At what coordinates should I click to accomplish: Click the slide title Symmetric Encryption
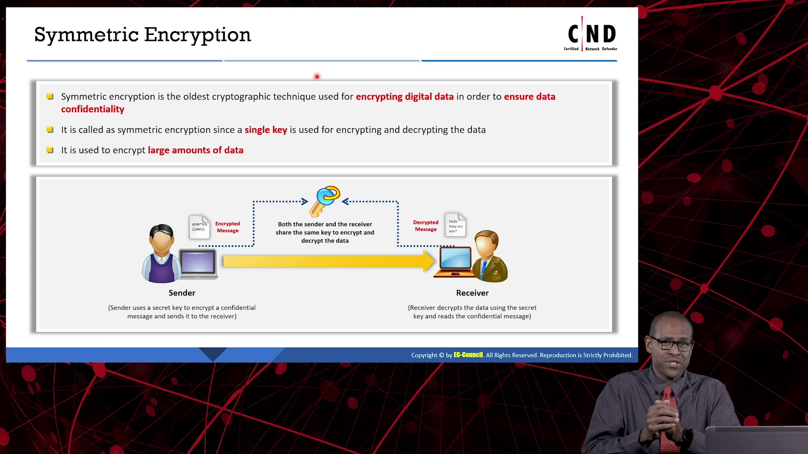tap(142, 35)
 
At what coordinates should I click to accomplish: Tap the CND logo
tap(591, 34)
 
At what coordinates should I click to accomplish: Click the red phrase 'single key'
tap(266, 130)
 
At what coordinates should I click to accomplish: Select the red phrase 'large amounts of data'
tap(196, 150)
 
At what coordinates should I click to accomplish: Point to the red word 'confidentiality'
tap(93, 109)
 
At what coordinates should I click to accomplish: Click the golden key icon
tap(324, 201)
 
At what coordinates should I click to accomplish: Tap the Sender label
tap(182, 293)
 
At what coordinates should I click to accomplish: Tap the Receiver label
tap(472, 293)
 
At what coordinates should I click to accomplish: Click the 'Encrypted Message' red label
tap(228, 227)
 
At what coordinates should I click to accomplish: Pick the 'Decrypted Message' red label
tap(425, 226)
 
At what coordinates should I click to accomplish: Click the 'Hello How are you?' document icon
tap(455, 225)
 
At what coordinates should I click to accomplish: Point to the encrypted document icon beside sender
tap(199, 227)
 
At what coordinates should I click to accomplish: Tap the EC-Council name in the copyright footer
tap(468, 355)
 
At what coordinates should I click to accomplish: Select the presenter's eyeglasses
tap(672, 344)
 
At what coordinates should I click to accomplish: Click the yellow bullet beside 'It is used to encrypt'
tap(50, 150)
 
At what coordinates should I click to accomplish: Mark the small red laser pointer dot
tap(317, 77)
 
